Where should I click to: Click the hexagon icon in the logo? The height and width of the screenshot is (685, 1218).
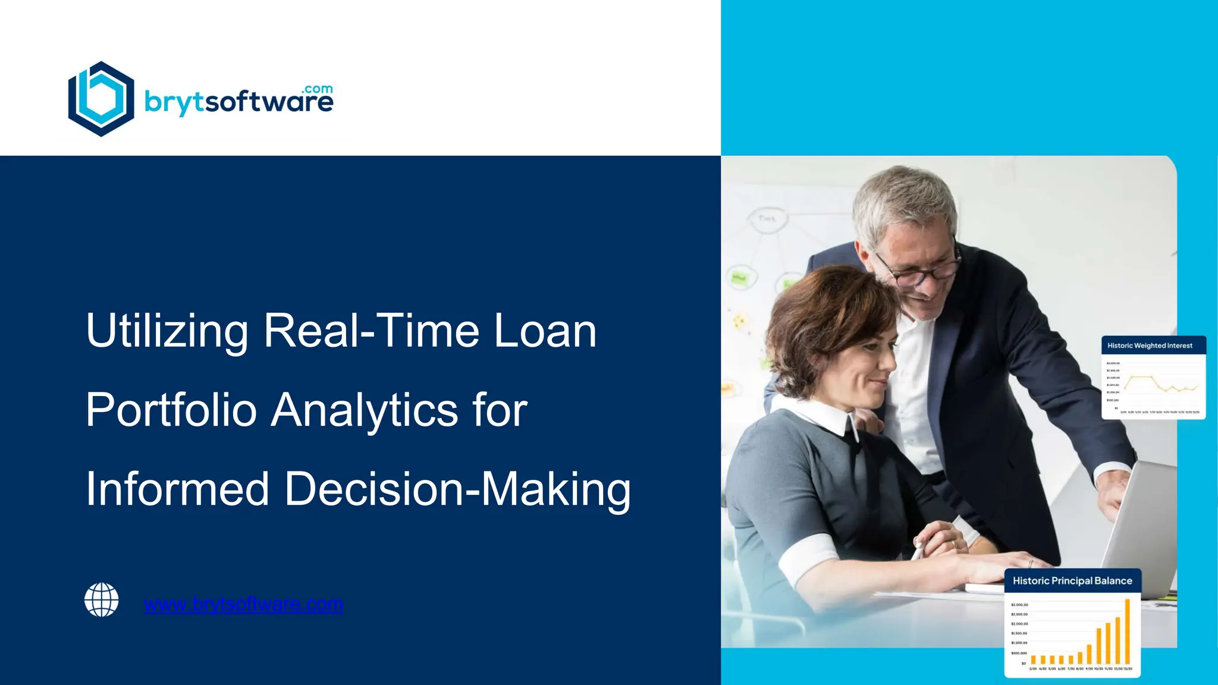101,99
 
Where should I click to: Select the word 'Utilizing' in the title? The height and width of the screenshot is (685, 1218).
167,331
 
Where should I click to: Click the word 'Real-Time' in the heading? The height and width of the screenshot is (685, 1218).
371,331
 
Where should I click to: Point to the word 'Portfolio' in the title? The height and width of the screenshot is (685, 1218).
171,410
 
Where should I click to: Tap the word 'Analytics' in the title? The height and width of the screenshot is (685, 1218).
365,410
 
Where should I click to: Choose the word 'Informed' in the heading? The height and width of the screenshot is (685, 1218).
177,489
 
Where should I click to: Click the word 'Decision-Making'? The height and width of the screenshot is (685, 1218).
457,489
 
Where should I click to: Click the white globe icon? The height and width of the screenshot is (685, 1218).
102,599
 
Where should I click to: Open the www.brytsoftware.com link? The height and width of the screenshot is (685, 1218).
243,604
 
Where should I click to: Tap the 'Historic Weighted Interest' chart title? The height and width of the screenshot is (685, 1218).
1150,345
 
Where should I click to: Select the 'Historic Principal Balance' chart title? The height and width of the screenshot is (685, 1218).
1072,581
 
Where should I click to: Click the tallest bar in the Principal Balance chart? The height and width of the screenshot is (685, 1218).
1127,631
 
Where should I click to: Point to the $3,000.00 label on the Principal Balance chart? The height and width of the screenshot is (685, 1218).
1019,605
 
